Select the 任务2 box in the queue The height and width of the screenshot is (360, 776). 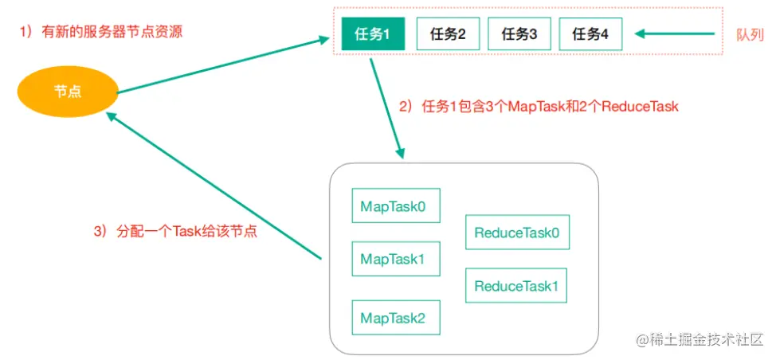point(448,34)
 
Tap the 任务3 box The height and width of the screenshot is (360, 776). point(519,34)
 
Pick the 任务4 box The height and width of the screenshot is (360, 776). point(590,34)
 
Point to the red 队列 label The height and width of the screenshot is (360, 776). point(750,35)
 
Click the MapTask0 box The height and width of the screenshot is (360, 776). point(393,206)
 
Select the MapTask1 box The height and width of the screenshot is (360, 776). point(393,258)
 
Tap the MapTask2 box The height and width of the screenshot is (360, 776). point(393,318)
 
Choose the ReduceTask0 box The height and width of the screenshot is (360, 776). point(516,233)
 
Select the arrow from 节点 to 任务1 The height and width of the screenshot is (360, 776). point(223,65)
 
